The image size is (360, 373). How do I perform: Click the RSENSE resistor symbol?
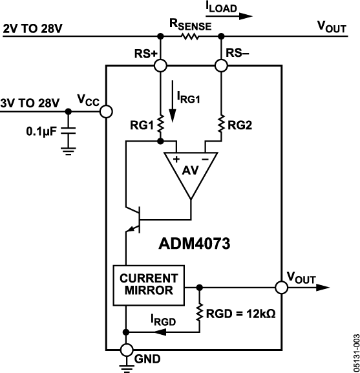pyautogui.click(x=191, y=37)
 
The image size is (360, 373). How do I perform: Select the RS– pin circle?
pyautogui.click(x=222, y=65)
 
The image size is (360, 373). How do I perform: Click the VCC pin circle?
pyautogui.click(x=105, y=111)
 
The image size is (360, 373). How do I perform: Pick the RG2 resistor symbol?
pyautogui.click(x=222, y=123)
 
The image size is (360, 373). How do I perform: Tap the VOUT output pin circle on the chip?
pyautogui.click(x=281, y=286)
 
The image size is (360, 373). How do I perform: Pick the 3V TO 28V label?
pyautogui.click(x=29, y=102)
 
